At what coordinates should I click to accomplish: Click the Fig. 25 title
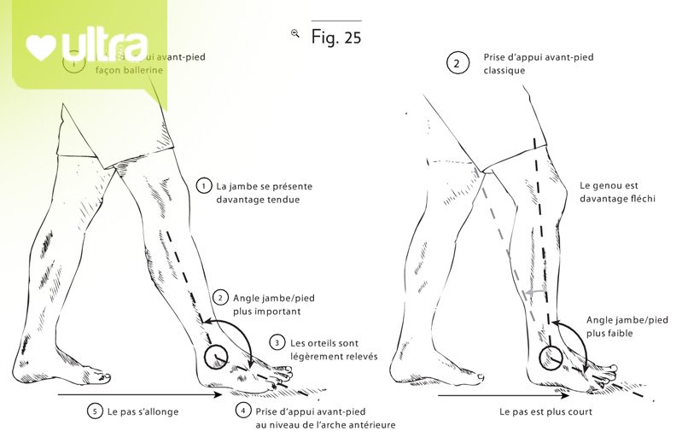point(337,38)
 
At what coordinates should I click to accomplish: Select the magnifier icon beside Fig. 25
point(295,33)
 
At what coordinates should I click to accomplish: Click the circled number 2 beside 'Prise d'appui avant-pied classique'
point(458,63)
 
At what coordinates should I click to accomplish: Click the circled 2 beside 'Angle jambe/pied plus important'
point(220,297)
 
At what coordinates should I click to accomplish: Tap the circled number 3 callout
point(277,342)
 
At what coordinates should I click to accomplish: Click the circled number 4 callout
point(243,411)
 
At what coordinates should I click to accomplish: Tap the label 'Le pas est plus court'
point(546,411)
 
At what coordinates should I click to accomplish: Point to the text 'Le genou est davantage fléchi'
point(609,191)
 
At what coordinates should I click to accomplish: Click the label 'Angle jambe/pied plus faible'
point(627,326)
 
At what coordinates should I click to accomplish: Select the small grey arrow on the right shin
point(533,291)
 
